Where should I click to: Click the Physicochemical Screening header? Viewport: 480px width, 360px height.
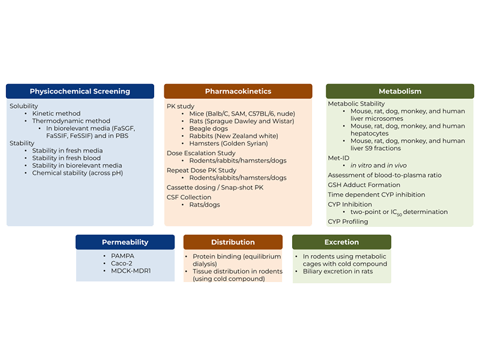[80, 91]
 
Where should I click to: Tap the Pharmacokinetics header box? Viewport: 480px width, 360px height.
[238, 91]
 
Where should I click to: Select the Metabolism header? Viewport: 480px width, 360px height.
[400, 91]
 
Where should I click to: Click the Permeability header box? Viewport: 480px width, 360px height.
[125, 242]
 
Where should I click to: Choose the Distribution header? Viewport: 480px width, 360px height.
[233, 242]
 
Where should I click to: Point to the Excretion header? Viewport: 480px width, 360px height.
[341, 242]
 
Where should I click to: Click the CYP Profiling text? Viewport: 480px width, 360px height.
[348, 221]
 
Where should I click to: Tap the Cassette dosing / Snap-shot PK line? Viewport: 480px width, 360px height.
[215, 187]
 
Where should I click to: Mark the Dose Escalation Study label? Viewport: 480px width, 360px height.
[201, 153]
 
